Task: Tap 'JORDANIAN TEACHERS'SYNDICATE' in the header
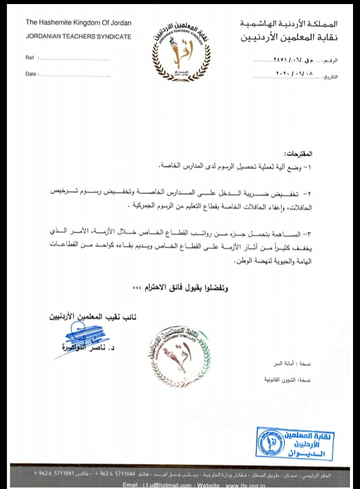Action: coord(78,36)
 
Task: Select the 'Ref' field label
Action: coord(29,58)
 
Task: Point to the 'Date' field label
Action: coord(30,74)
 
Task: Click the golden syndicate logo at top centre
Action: coord(178,50)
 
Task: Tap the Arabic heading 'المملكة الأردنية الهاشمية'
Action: coord(289,23)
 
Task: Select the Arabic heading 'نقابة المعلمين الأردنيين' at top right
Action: coord(289,37)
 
